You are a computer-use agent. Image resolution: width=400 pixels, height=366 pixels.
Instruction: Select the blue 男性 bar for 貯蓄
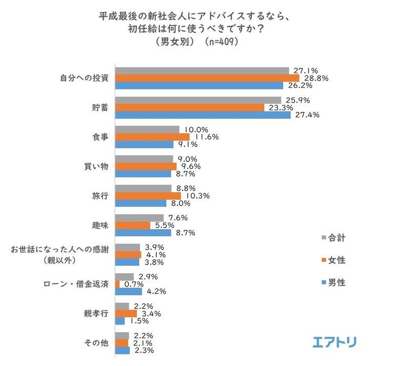[x=203, y=115]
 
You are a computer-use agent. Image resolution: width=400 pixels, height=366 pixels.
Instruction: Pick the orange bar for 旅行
[x=148, y=196]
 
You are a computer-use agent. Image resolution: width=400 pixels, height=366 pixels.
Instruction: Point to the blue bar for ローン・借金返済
[x=128, y=292]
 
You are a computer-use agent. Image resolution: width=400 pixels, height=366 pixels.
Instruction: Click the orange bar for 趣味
[x=132, y=225]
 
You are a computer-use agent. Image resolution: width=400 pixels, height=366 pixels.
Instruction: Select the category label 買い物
[x=96, y=167]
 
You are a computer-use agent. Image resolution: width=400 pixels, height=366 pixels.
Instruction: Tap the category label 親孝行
[x=96, y=314]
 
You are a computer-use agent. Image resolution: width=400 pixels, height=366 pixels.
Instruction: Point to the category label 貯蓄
[x=99, y=108]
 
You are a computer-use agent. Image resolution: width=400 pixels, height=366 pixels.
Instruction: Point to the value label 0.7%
[x=133, y=284]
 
